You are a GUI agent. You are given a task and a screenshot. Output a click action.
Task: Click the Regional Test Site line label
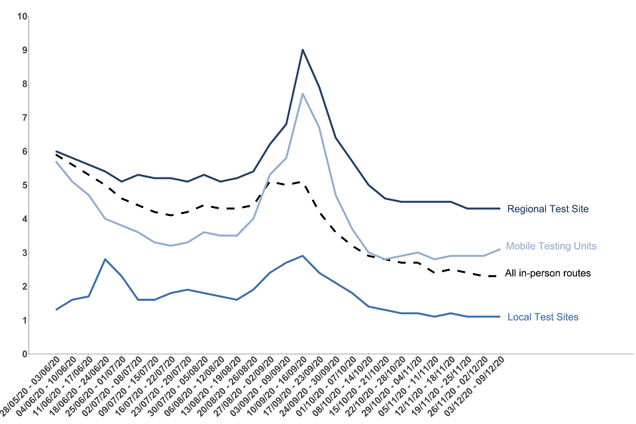(547, 209)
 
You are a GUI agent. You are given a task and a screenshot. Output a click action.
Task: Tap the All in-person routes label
(547, 273)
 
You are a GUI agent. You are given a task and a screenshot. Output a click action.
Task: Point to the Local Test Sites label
(543, 317)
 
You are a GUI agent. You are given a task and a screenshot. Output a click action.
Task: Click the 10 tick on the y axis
(22, 16)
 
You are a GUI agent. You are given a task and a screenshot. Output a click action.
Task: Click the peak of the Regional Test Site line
(303, 50)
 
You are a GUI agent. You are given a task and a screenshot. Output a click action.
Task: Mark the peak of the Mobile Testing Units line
(303, 93)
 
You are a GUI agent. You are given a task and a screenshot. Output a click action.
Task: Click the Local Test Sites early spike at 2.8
(105, 259)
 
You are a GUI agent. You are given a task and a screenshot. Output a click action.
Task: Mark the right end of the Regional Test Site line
(500, 209)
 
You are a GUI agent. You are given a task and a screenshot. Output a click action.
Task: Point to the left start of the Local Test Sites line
(56, 310)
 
